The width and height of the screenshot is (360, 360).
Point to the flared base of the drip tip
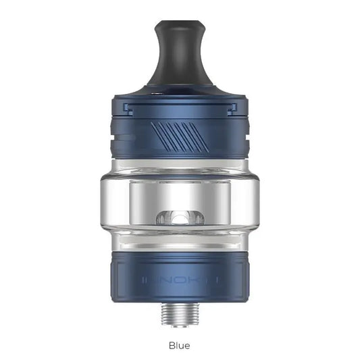click(180, 86)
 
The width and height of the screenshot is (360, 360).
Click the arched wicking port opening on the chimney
click(180, 218)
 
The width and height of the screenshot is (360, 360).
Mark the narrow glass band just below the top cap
click(180, 161)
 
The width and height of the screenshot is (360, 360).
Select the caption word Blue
click(180, 345)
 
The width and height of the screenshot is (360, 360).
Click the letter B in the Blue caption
click(172, 345)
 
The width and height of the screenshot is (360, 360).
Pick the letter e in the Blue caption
click(187, 346)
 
